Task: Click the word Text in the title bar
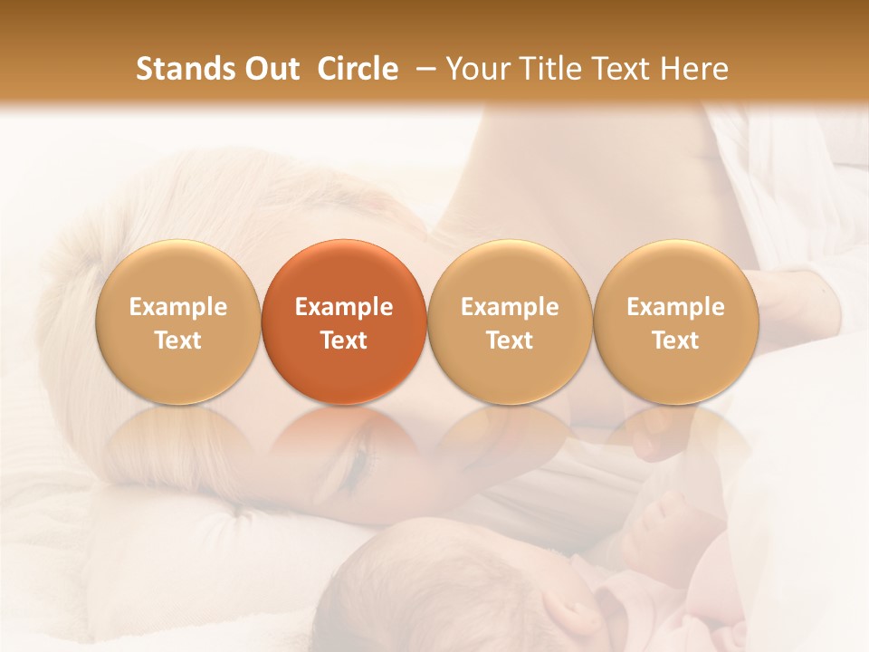[x=624, y=69]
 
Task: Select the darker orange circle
[x=344, y=322]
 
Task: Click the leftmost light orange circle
[x=178, y=322]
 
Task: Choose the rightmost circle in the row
[x=675, y=322]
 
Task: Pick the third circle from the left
[x=510, y=322]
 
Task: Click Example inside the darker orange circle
[x=344, y=307]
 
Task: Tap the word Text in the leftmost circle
[x=178, y=340]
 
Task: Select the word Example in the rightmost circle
[x=675, y=307]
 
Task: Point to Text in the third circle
[x=510, y=340]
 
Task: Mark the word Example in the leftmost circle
[x=178, y=307]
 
